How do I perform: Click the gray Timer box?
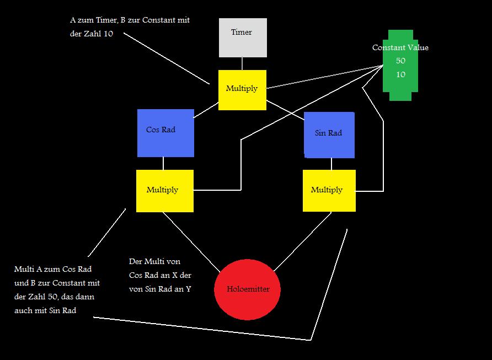click(x=243, y=37)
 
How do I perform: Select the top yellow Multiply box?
click(x=242, y=89)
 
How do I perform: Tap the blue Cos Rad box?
click(x=165, y=132)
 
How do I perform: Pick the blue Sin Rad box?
click(x=329, y=134)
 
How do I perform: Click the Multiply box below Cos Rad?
click(x=164, y=191)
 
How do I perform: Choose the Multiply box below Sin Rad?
click(x=329, y=191)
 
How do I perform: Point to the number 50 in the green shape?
click(x=400, y=61)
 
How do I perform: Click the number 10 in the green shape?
click(x=400, y=74)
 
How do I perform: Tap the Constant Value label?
click(x=400, y=48)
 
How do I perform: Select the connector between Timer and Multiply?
click(x=242, y=63)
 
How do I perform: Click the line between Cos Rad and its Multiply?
click(x=163, y=163)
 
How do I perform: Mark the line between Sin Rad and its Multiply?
click(x=331, y=164)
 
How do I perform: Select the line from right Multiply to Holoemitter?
click(x=303, y=240)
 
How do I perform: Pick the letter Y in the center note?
click(x=189, y=288)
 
